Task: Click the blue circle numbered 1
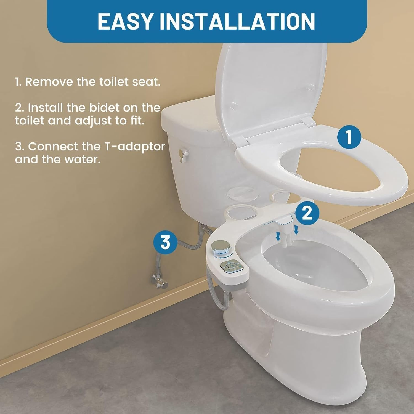click(x=349, y=137)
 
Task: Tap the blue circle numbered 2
click(x=307, y=213)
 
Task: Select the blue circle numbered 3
click(x=165, y=242)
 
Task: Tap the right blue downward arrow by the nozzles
click(x=296, y=230)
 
